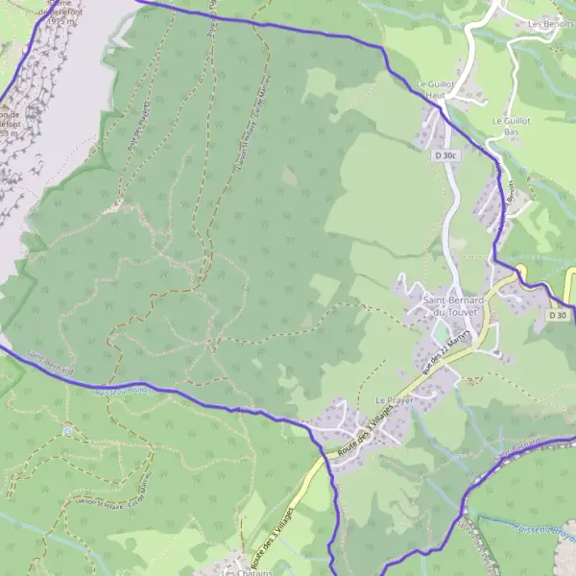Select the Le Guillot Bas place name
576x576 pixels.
(511, 127)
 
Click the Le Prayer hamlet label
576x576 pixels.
(393, 399)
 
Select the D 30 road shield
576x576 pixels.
(558, 315)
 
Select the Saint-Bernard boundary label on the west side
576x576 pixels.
(50, 362)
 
